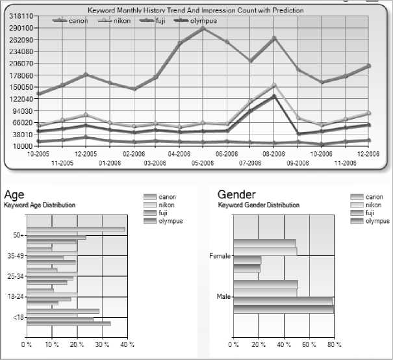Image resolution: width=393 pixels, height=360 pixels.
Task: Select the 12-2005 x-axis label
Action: (86, 154)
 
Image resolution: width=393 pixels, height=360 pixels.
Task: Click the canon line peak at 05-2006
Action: (203, 29)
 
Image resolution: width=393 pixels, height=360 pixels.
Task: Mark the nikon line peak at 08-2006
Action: (275, 85)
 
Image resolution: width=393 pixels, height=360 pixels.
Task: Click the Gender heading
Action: (236, 194)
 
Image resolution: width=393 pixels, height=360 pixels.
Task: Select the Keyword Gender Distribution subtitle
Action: (259, 205)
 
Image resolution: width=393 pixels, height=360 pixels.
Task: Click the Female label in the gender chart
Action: (220, 256)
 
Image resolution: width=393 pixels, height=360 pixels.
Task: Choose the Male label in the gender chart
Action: (223, 297)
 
